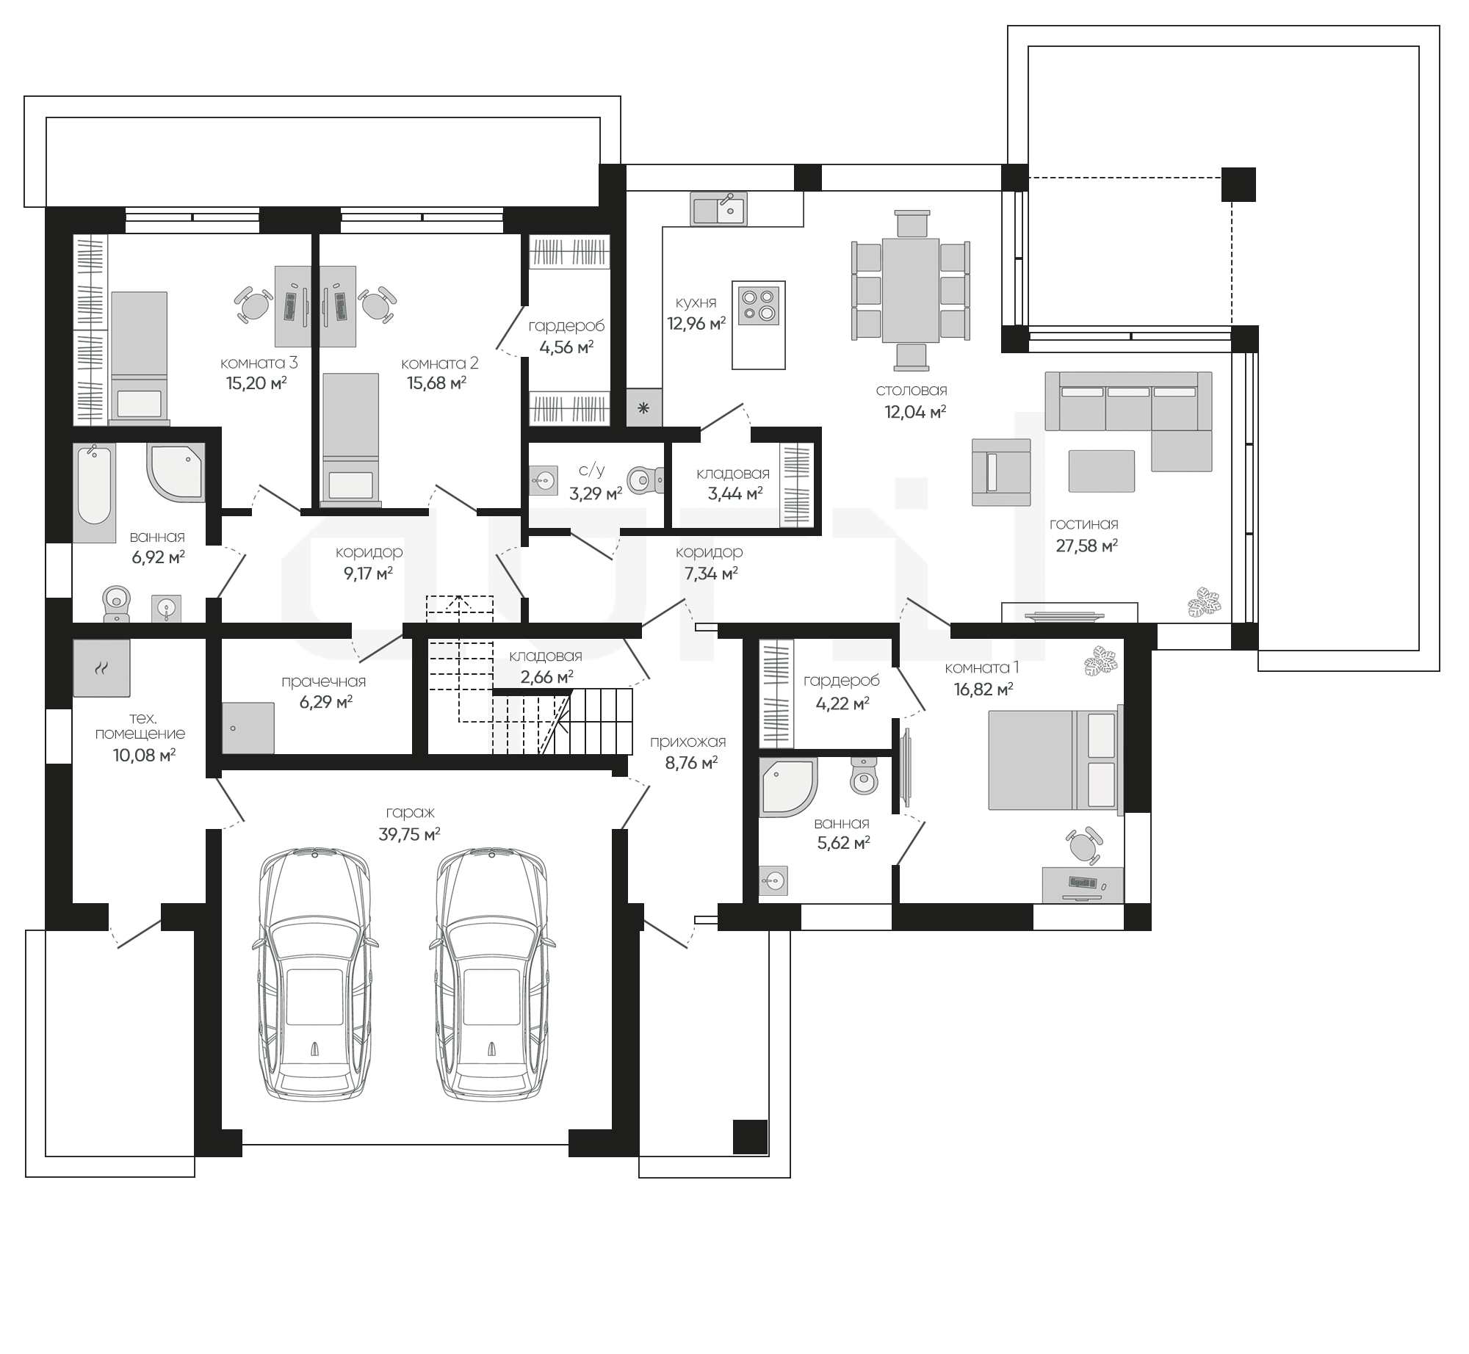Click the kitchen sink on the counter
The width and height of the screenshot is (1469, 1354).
[718, 208]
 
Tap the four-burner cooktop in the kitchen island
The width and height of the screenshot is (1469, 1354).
[759, 306]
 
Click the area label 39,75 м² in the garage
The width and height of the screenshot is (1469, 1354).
[410, 833]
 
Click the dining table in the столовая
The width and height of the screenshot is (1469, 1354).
[911, 290]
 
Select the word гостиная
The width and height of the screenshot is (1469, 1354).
[1083, 524]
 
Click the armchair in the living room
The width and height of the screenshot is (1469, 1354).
[1000, 472]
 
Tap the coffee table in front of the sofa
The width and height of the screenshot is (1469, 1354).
[1101, 471]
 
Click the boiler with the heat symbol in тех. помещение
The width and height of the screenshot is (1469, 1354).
[102, 667]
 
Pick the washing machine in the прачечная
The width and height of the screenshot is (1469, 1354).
[248, 728]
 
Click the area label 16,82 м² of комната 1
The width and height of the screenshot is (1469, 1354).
[984, 689]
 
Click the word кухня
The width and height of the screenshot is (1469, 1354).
[696, 302]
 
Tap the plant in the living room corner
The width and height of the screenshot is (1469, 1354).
[1205, 601]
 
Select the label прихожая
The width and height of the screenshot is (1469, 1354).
[687, 742]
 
